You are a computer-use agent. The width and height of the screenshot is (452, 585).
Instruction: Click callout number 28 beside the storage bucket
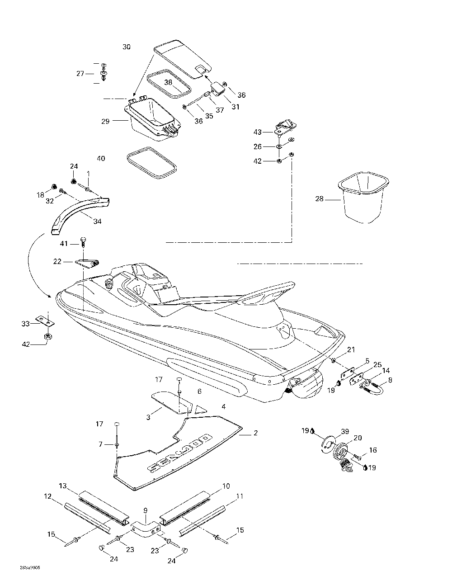[x=319, y=198]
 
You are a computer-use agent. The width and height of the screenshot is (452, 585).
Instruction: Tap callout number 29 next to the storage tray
[x=106, y=121]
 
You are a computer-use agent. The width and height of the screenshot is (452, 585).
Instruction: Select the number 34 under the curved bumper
[x=97, y=221]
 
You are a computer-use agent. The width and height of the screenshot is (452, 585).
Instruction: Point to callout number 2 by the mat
[x=255, y=433]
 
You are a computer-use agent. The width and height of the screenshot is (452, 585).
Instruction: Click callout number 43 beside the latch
[x=258, y=132]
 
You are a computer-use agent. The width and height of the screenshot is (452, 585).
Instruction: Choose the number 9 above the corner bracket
[x=145, y=510]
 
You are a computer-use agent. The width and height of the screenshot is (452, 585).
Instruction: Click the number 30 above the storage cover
[x=127, y=47]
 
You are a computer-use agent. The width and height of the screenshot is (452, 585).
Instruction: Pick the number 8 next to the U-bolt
[x=390, y=380]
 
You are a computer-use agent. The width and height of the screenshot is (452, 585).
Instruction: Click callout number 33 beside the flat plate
[x=25, y=323]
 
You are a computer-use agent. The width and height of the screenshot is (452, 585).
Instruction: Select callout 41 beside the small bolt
[x=64, y=244]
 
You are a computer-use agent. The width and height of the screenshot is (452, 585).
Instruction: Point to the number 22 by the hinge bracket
[x=57, y=261]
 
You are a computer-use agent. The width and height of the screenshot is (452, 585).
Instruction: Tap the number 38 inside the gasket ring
[x=168, y=82]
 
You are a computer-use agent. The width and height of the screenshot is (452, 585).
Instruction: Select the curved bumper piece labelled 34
[x=75, y=212]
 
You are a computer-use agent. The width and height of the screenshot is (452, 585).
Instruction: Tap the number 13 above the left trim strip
[x=63, y=486]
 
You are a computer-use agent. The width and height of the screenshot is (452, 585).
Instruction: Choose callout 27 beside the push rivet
[x=80, y=73]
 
